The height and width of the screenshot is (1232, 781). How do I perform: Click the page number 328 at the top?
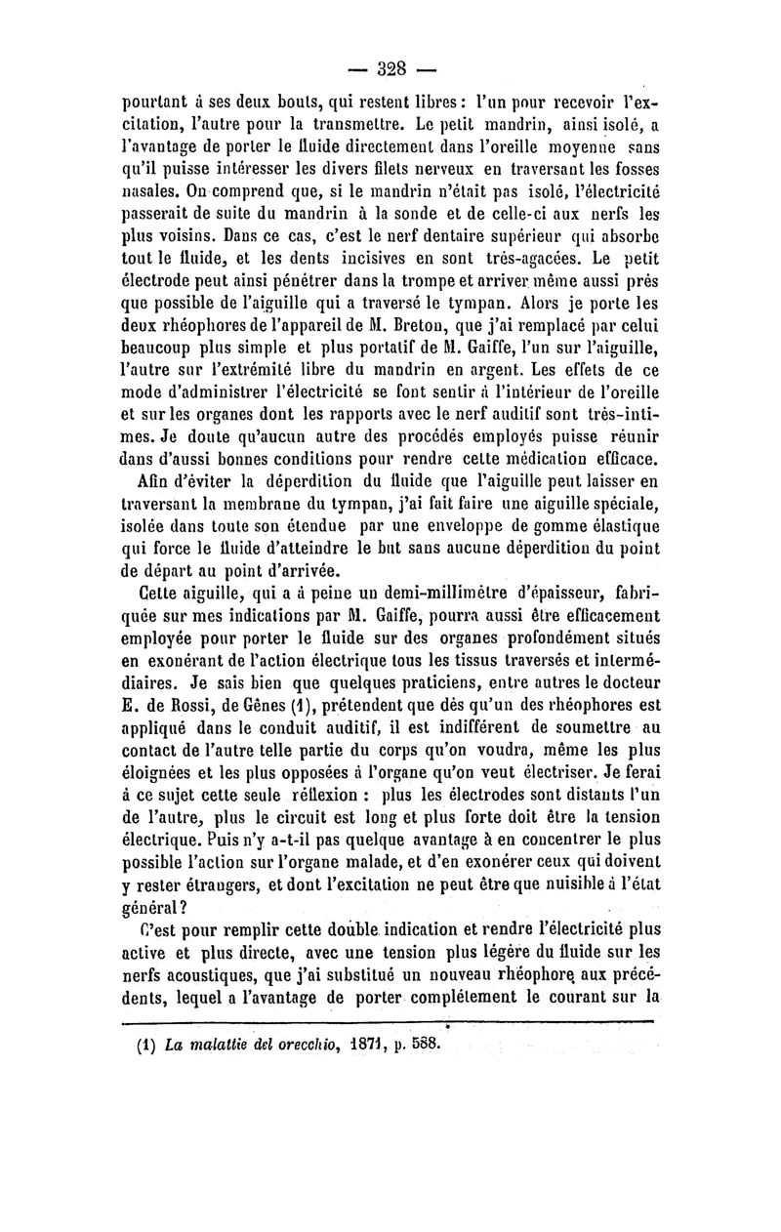390,68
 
